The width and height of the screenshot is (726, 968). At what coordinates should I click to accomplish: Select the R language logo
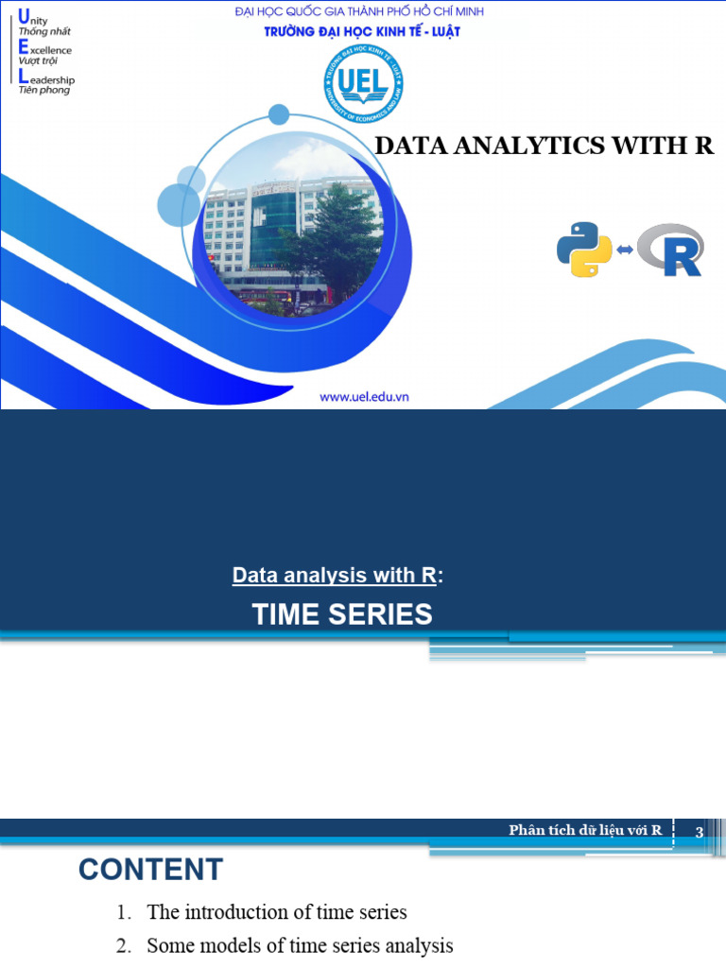(671, 250)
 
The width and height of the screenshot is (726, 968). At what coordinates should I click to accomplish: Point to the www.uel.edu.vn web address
(371, 397)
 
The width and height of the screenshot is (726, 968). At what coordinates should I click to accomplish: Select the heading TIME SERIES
(342, 614)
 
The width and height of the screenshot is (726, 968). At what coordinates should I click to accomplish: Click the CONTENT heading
(150, 869)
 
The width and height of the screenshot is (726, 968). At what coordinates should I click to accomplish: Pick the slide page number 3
(700, 832)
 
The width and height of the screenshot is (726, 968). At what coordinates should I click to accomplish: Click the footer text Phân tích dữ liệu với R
(585, 830)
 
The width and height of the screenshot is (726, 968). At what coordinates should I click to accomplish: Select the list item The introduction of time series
(277, 912)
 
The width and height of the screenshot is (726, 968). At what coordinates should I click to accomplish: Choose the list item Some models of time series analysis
(300, 945)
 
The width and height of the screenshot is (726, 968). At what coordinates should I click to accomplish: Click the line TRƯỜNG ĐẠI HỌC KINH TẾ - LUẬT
(362, 31)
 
